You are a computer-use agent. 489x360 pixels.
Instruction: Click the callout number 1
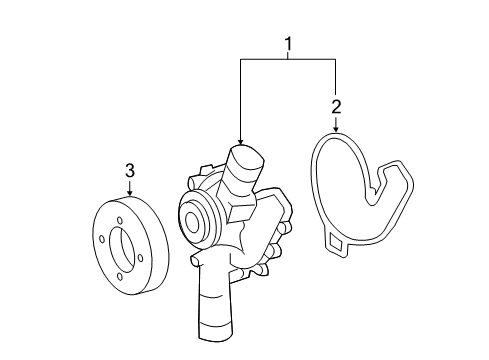coord(288,44)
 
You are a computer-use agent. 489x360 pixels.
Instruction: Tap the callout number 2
coord(336,107)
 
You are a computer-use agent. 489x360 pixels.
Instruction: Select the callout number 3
coord(130,170)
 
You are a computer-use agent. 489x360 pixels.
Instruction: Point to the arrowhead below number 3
coord(130,192)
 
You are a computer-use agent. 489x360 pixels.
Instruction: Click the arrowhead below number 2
coord(336,128)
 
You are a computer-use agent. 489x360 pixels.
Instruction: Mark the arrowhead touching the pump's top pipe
coord(240,141)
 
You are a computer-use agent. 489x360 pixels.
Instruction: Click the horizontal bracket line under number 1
coord(288,59)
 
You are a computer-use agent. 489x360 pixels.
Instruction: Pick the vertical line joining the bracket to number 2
coord(335,76)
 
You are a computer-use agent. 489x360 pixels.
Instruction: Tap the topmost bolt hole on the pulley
coord(120,221)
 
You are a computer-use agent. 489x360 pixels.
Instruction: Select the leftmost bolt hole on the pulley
coord(102,239)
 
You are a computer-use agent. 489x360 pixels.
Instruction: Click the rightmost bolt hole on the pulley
coord(140,258)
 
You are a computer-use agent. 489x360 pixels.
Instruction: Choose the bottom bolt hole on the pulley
coord(120,277)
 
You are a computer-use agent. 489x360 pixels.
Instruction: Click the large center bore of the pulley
coord(122,249)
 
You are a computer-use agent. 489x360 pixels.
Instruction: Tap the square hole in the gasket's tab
coord(335,242)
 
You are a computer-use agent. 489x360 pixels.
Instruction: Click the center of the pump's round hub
coord(192,222)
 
